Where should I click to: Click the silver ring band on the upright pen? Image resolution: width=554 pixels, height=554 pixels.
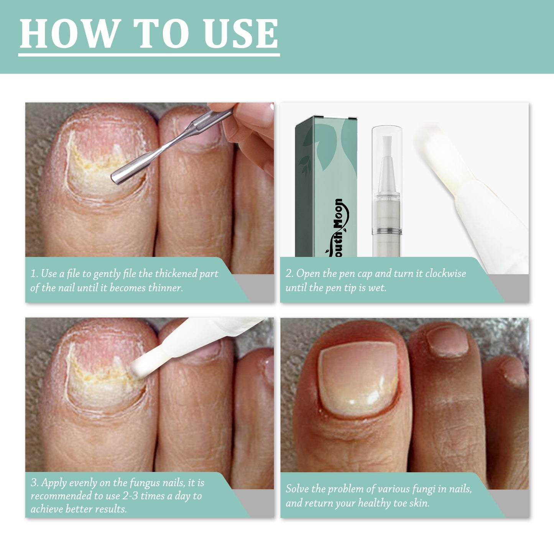pyautogui.click(x=386, y=231)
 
